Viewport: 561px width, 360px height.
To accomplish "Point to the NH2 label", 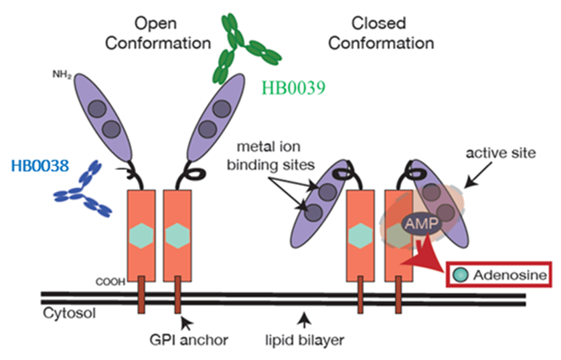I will [x=62, y=74].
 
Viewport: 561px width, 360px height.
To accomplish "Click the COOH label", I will [x=109, y=281].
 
